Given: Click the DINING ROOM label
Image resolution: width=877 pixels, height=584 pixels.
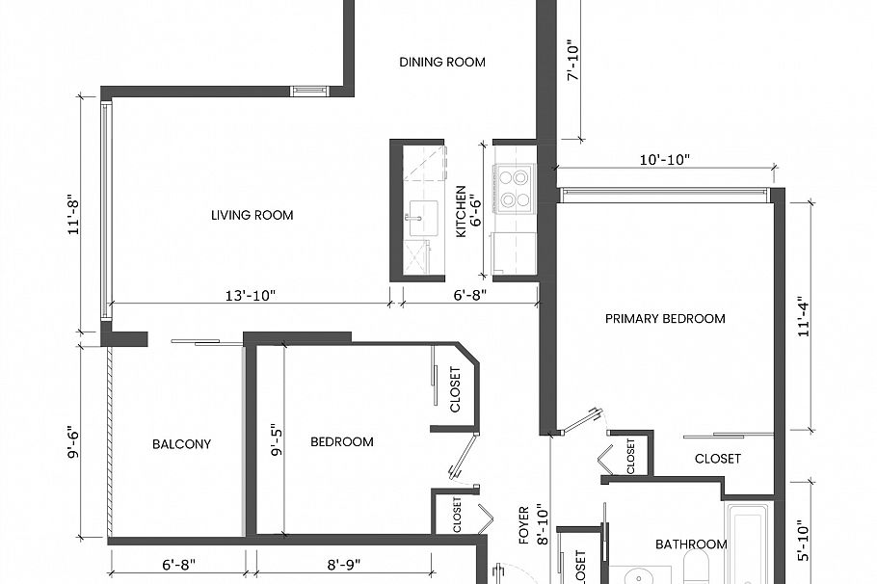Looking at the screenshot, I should (442, 63).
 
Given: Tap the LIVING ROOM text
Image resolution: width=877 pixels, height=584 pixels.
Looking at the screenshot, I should (252, 215).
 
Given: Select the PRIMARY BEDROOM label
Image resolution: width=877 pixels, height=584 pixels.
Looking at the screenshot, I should (665, 319).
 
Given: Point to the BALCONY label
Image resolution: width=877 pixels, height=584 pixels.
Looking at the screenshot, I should (181, 444).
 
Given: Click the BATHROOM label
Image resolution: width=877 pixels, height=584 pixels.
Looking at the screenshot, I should (690, 544).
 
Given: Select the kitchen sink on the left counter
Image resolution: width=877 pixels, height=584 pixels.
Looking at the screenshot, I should (418, 217).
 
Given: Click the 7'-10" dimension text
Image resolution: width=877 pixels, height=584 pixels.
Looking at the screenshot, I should (572, 62).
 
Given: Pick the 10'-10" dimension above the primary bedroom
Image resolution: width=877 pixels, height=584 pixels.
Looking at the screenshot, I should (665, 160).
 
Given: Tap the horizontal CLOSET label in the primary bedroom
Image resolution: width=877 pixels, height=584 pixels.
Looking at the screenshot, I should (718, 459).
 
